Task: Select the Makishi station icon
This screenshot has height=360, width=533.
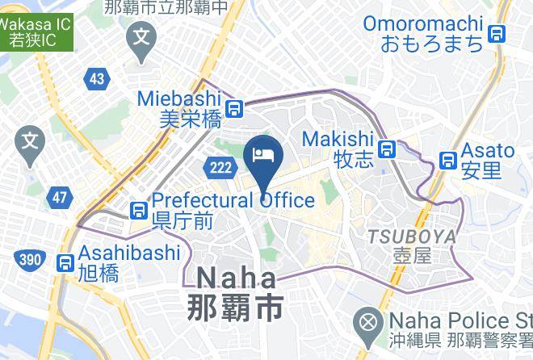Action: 389,149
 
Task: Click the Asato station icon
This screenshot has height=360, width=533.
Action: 447,160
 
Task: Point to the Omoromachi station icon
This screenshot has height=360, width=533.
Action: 497,34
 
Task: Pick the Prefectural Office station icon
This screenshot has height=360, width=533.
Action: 139,210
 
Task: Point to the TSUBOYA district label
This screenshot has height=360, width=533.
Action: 412,237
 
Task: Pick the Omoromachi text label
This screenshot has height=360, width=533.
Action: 422,23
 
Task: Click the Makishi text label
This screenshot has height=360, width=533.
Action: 337,140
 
